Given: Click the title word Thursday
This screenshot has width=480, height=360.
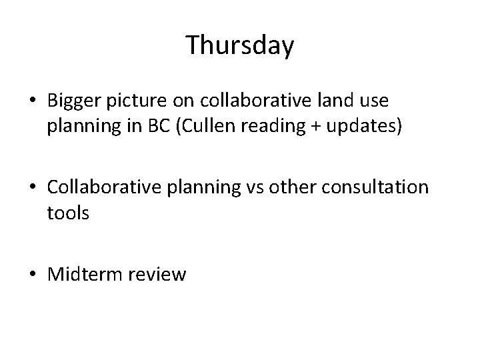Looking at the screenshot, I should pos(239,45).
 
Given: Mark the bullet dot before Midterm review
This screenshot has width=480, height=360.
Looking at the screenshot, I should pos(35,274).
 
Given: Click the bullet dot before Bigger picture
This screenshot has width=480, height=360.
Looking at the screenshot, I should pos(35,102).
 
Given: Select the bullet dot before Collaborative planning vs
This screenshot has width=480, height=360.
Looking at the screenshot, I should pos(35,188).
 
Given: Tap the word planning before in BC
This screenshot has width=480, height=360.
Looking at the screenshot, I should pos(81,127).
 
